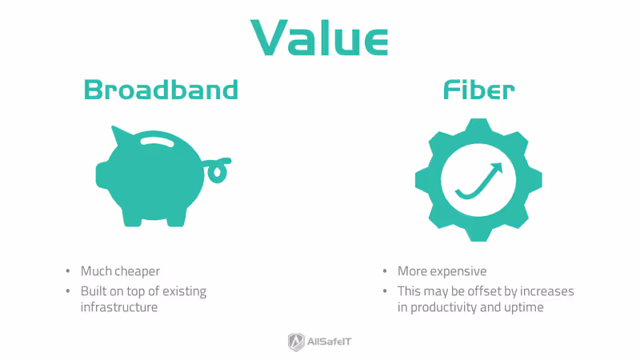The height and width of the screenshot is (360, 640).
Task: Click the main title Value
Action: tap(320, 35)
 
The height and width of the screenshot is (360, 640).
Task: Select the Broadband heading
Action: tap(162, 90)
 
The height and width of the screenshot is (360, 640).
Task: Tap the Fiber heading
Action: tap(478, 90)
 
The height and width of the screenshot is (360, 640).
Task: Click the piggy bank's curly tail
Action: tap(217, 170)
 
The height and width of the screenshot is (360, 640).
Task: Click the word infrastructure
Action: tap(119, 307)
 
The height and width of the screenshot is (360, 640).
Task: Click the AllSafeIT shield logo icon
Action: tap(295, 342)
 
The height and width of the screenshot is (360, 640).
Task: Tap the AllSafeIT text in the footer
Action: tap(330, 342)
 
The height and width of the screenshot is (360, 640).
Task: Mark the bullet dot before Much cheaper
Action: tap(70, 272)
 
